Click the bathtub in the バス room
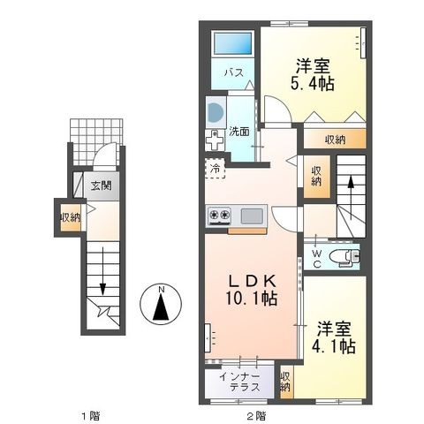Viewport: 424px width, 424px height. click(233, 43)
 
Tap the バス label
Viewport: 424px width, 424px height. click(234, 72)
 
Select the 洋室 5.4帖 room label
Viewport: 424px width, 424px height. click(313, 74)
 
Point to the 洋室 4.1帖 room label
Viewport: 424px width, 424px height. click(334, 337)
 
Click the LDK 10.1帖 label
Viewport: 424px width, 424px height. click(252, 290)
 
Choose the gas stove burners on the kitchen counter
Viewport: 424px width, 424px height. click(219, 215)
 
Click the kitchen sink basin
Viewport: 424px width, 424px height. click(252, 216)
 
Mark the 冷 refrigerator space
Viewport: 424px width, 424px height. click(216, 169)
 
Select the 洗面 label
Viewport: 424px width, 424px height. click(239, 132)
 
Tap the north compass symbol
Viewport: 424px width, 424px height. click(161, 304)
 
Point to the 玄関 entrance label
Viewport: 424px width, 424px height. click(101, 185)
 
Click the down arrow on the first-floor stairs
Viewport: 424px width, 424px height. click(102, 271)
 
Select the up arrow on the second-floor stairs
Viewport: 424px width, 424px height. click(351, 198)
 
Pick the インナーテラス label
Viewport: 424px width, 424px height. click(239, 382)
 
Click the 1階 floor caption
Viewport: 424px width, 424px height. click(91, 416)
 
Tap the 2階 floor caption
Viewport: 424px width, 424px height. click(256, 416)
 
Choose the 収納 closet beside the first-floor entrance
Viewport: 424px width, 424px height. click(71, 218)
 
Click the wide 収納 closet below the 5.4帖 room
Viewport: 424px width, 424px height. click(335, 139)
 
